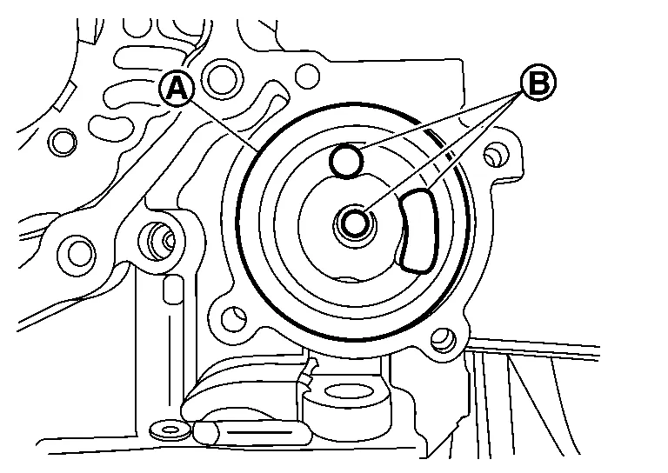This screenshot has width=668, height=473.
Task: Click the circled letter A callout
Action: pos(177,88)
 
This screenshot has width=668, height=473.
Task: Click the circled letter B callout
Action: pos(538,83)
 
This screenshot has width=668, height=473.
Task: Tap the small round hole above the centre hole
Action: pos(347,160)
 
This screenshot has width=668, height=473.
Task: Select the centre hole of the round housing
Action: pos(355,223)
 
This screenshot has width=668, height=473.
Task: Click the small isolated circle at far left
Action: pos(61,141)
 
